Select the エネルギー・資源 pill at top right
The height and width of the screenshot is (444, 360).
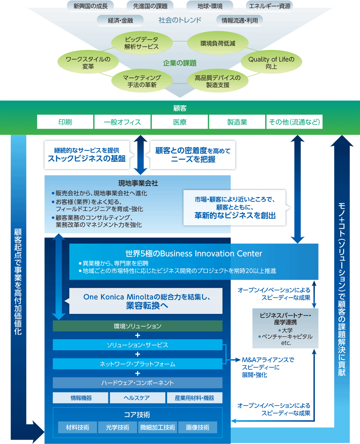point(269,6)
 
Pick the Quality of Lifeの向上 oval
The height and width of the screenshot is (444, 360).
point(271,63)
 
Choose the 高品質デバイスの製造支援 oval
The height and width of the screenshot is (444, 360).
point(217,81)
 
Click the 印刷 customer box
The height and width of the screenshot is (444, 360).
point(65,122)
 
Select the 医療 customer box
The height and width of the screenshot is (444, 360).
point(180,122)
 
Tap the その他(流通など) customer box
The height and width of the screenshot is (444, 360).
point(294,122)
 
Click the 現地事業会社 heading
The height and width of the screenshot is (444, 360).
point(138,183)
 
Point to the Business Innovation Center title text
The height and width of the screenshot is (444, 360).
point(194,254)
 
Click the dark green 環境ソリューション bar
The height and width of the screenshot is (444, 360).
point(137,326)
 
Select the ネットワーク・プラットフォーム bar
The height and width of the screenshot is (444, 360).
point(137,364)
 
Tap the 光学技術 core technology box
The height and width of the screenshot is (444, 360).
point(117,427)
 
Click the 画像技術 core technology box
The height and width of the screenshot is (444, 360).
point(198,427)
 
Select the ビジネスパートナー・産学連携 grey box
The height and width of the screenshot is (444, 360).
point(285,328)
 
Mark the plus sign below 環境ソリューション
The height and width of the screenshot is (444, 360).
point(137,335)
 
